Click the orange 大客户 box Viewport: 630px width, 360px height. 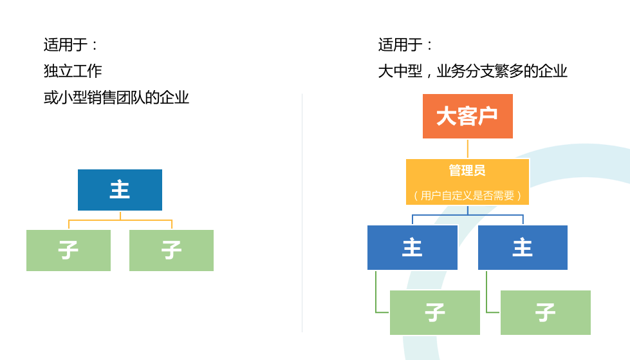(468, 117)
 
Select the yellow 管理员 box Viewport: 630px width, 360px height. (468, 182)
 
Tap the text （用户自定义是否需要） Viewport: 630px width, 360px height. (468, 196)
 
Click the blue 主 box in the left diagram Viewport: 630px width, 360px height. (120, 190)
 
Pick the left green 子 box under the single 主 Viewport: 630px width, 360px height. (68, 250)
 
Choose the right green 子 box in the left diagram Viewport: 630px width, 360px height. (172, 250)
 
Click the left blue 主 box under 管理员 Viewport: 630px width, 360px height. (412, 247)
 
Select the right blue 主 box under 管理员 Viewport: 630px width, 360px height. (523, 247)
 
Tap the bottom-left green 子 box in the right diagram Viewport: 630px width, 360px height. (435, 312)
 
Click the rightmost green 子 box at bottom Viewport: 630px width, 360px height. (546, 312)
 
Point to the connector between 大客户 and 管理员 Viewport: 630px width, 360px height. (468, 148)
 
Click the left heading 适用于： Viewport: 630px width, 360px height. (71, 44)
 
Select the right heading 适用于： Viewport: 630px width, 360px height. (405, 44)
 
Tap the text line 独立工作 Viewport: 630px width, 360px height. (73, 71)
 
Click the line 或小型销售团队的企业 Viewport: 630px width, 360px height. (116, 98)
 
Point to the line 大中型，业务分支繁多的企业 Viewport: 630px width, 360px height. (472, 71)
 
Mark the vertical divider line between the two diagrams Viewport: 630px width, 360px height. (302, 213)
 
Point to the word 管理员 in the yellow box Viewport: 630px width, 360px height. (467, 171)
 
